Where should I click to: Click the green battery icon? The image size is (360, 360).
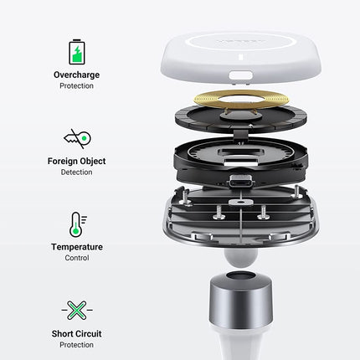click(x=77, y=52)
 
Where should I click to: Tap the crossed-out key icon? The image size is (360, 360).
click(x=78, y=139)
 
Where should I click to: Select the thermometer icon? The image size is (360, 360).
click(x=77, y=224)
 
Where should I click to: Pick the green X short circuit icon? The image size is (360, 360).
click(x=77, y=310)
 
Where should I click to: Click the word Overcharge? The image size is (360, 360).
click(x=76, y=75)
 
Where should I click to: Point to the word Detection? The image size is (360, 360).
click(x=76, y=172)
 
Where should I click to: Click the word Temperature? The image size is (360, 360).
click(x=77, y=247)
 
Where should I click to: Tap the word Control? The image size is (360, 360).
click(x=77, y=258)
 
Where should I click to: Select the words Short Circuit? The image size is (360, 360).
click(x=76, y=334)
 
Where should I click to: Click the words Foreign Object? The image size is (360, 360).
click(x=76, y=162)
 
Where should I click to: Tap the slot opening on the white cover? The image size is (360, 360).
click(x=241, y=75)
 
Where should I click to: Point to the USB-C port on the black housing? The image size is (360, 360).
click(x=242, y=182)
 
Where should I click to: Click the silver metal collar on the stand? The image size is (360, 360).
click(x=241, y=300)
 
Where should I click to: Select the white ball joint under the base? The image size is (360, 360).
click(x=240, y=257)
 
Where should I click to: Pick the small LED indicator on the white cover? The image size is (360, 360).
click(x=241, y=57)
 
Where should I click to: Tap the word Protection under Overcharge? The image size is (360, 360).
click(x=76, y=86)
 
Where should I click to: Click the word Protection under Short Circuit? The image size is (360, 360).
click(x=76, y=345)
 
